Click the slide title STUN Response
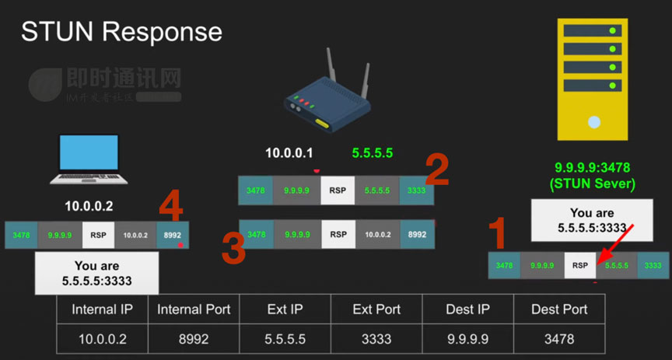click(x=121, y=32)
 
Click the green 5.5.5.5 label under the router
click(x=372, y=154)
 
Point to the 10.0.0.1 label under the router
click(x=289, y=154)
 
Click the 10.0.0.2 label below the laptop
click(x=89, y=207)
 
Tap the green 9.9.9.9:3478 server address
click(x=592, y=167)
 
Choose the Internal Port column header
click(x=194, y=309)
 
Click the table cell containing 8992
click(x=194, y=339)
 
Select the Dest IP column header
click(x=468, y=309)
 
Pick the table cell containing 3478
click(x=559, y=339)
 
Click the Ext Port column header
click(x=376, y=309)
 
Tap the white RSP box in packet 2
click(x=338, y=190)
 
